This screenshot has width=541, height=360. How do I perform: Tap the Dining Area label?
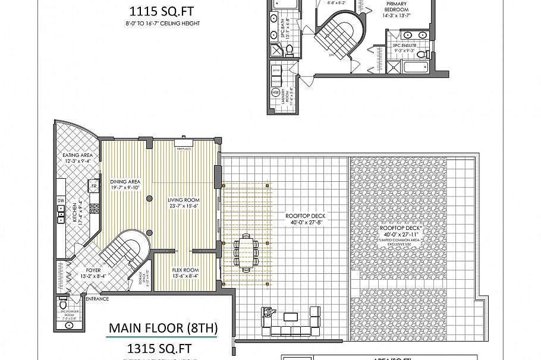[x=124, y=182]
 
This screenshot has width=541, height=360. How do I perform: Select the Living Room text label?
[x=184, y=200]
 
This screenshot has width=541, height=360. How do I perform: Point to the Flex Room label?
[x=184, y=270]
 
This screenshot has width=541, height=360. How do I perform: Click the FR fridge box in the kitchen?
[x=93, y=186]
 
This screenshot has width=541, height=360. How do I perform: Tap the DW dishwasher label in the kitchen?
[x=61, y=201]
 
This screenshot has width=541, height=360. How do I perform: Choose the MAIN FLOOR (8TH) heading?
[x=163, y=328]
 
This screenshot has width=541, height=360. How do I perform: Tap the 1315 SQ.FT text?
[x=162, y=346]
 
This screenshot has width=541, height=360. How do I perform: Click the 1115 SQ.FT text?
[x=162, y=10]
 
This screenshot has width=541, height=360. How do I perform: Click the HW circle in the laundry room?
[x=276, y=93]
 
